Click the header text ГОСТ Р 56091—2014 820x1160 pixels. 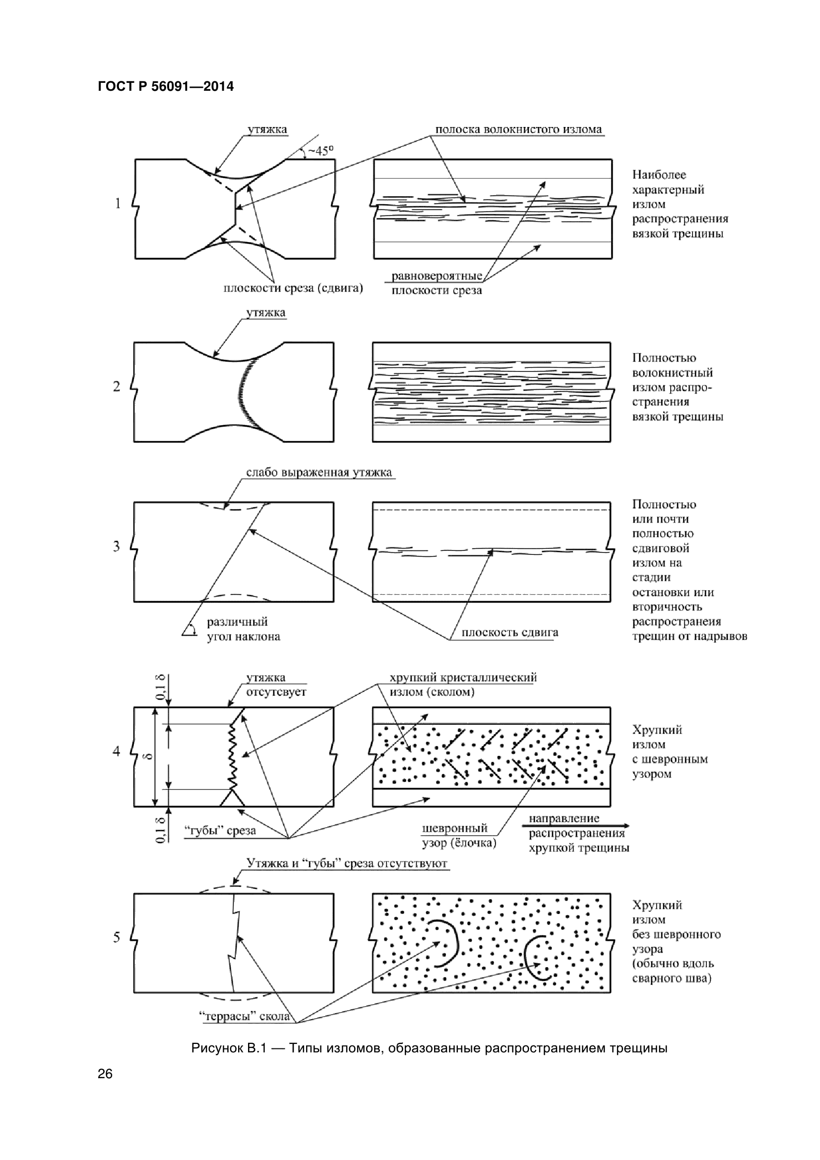pos(166,86)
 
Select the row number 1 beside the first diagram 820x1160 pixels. pos(118,204)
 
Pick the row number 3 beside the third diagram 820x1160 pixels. pos(117,546)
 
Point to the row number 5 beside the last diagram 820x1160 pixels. pos(117,937)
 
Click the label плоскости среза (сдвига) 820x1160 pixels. pos(293,289)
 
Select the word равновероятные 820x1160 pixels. pos(437,276)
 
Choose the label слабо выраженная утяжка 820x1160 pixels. pos(319,473)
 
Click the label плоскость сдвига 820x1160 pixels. pos(510,632)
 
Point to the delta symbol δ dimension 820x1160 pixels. pos(148,756)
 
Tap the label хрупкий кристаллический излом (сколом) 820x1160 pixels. pos(463,684)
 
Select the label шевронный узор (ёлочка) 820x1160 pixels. pos(459,835)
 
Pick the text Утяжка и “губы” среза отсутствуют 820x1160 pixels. pos(347,863)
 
